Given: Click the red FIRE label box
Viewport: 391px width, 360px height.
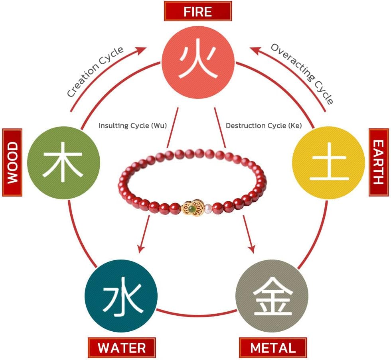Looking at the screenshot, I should click(x=197, y=11).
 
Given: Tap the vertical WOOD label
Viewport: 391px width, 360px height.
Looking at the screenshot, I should click(x=12, y=162).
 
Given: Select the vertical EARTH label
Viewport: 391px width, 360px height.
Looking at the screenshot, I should click(x=379, y=162).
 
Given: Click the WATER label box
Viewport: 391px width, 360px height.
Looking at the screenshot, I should click(x=122, y=348).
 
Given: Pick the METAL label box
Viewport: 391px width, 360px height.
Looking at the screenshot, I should click(x=273, y=348).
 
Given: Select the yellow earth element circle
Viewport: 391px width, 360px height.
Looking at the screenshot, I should click(x=328, y=163).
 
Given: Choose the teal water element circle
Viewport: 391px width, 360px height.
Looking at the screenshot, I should click(x=120, y=297).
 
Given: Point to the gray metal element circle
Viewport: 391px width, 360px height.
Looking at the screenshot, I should click(x=272, y=297).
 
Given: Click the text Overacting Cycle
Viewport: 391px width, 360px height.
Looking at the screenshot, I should click(x=302, y=73).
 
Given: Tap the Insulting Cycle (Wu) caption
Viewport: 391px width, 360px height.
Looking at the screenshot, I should click(x=132, y=125).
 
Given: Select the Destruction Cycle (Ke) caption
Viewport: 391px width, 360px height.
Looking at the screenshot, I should click(x=264, y=125).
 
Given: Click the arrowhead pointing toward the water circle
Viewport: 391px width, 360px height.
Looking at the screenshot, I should click(x=140, y=249).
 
